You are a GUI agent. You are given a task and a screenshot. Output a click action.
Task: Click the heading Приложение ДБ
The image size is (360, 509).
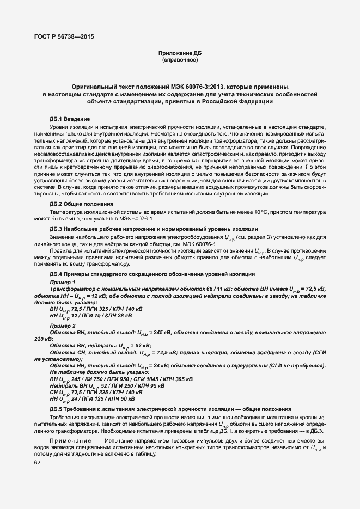pyautogui.click(x=180, y=53)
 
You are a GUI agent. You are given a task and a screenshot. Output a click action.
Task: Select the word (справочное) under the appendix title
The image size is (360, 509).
pyautogui.click(x=180, y=60)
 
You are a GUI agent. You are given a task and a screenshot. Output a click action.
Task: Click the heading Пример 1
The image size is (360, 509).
pyautogui.click(x=62, y=283)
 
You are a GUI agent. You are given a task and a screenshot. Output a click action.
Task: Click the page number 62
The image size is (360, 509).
pyautogui.click(x=38, y=462)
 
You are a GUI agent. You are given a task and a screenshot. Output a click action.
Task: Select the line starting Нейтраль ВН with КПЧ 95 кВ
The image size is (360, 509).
pyautogui.click(x=100, y=386)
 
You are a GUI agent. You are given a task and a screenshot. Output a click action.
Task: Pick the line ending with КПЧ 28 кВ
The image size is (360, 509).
pyautogui.click(x=90, y=316)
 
